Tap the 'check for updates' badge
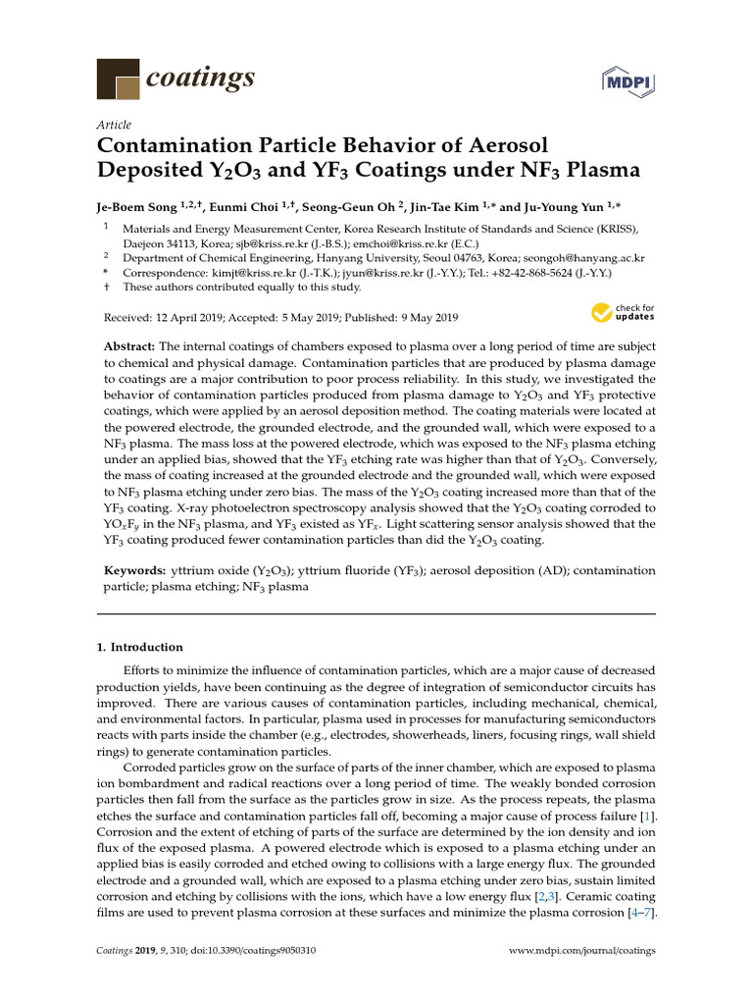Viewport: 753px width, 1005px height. point(623,313)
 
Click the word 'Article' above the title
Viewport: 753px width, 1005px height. point(115,125)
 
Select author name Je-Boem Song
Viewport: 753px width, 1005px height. point(136,206)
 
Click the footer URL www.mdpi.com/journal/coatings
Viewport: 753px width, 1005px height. point(582,951)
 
